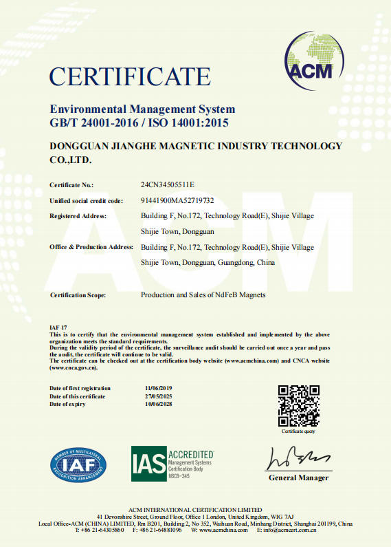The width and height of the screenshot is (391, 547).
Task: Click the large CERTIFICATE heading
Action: (130, 76)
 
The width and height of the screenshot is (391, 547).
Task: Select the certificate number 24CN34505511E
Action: (168, 185)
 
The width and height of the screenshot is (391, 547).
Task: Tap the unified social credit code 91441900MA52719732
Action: (177, 201)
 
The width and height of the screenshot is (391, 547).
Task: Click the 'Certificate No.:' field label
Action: (71, 185)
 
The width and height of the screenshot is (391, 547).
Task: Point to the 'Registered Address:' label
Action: (78, 216)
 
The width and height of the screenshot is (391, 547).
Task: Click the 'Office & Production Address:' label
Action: (91, 247)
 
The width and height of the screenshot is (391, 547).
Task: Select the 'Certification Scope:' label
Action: (78, 295)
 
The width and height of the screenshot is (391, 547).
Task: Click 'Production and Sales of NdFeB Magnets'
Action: (203, 295)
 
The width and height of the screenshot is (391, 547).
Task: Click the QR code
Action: (298, 406)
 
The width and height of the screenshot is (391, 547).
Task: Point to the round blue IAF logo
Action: (78, 464)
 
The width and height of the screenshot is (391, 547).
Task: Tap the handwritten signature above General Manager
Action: (296, 458)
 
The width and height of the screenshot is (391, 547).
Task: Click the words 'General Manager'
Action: (298, 478)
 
